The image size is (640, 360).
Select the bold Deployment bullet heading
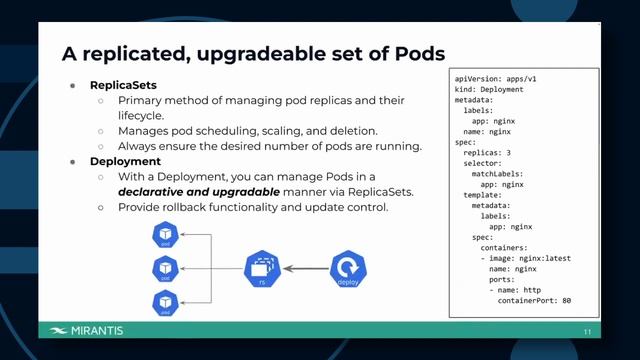(125, 160)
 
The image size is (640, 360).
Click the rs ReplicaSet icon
(261, 268)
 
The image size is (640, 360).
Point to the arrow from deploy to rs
(305, 268)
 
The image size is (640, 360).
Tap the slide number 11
(588, 332)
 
